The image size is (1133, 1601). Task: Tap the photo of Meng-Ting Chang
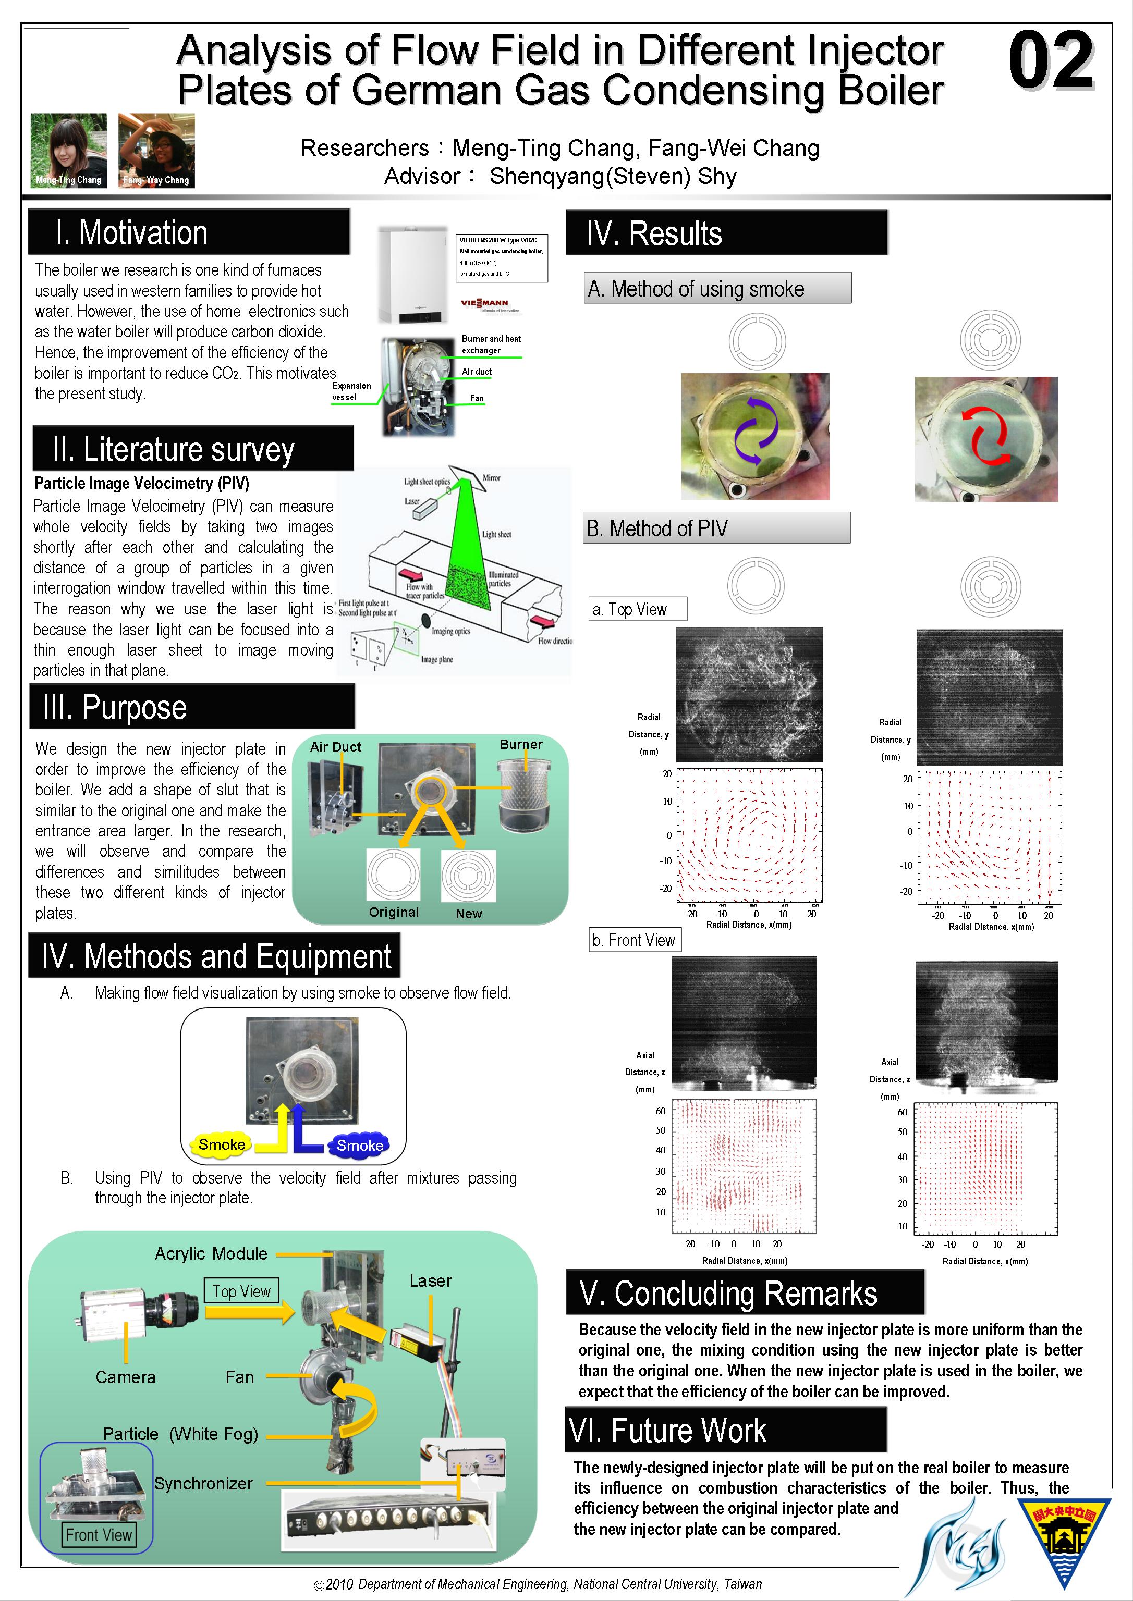pyautogui.click(x=68, y=151)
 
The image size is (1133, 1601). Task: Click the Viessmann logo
pyautogui.click(x=485, y=303)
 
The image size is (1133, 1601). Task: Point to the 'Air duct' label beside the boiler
pyautogui.click(x=477, y=372)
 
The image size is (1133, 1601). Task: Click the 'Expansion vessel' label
pyautogui.click(x=351, y=391)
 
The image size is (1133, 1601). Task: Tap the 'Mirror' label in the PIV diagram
pyautogui.click(x=491, y=478)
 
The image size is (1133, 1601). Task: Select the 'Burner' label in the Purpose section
pyautogui.click(x=520, y=744)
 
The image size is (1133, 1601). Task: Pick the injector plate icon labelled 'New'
pyautogui.click(x=468, y=875)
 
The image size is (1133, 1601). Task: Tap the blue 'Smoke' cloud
pyautogui.click(x=359, y=1145)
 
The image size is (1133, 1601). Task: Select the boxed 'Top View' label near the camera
pyautogui.click(x=241, y=1291)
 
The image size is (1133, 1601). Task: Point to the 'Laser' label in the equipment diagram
pyautogui.click(x=431, y=1281)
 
